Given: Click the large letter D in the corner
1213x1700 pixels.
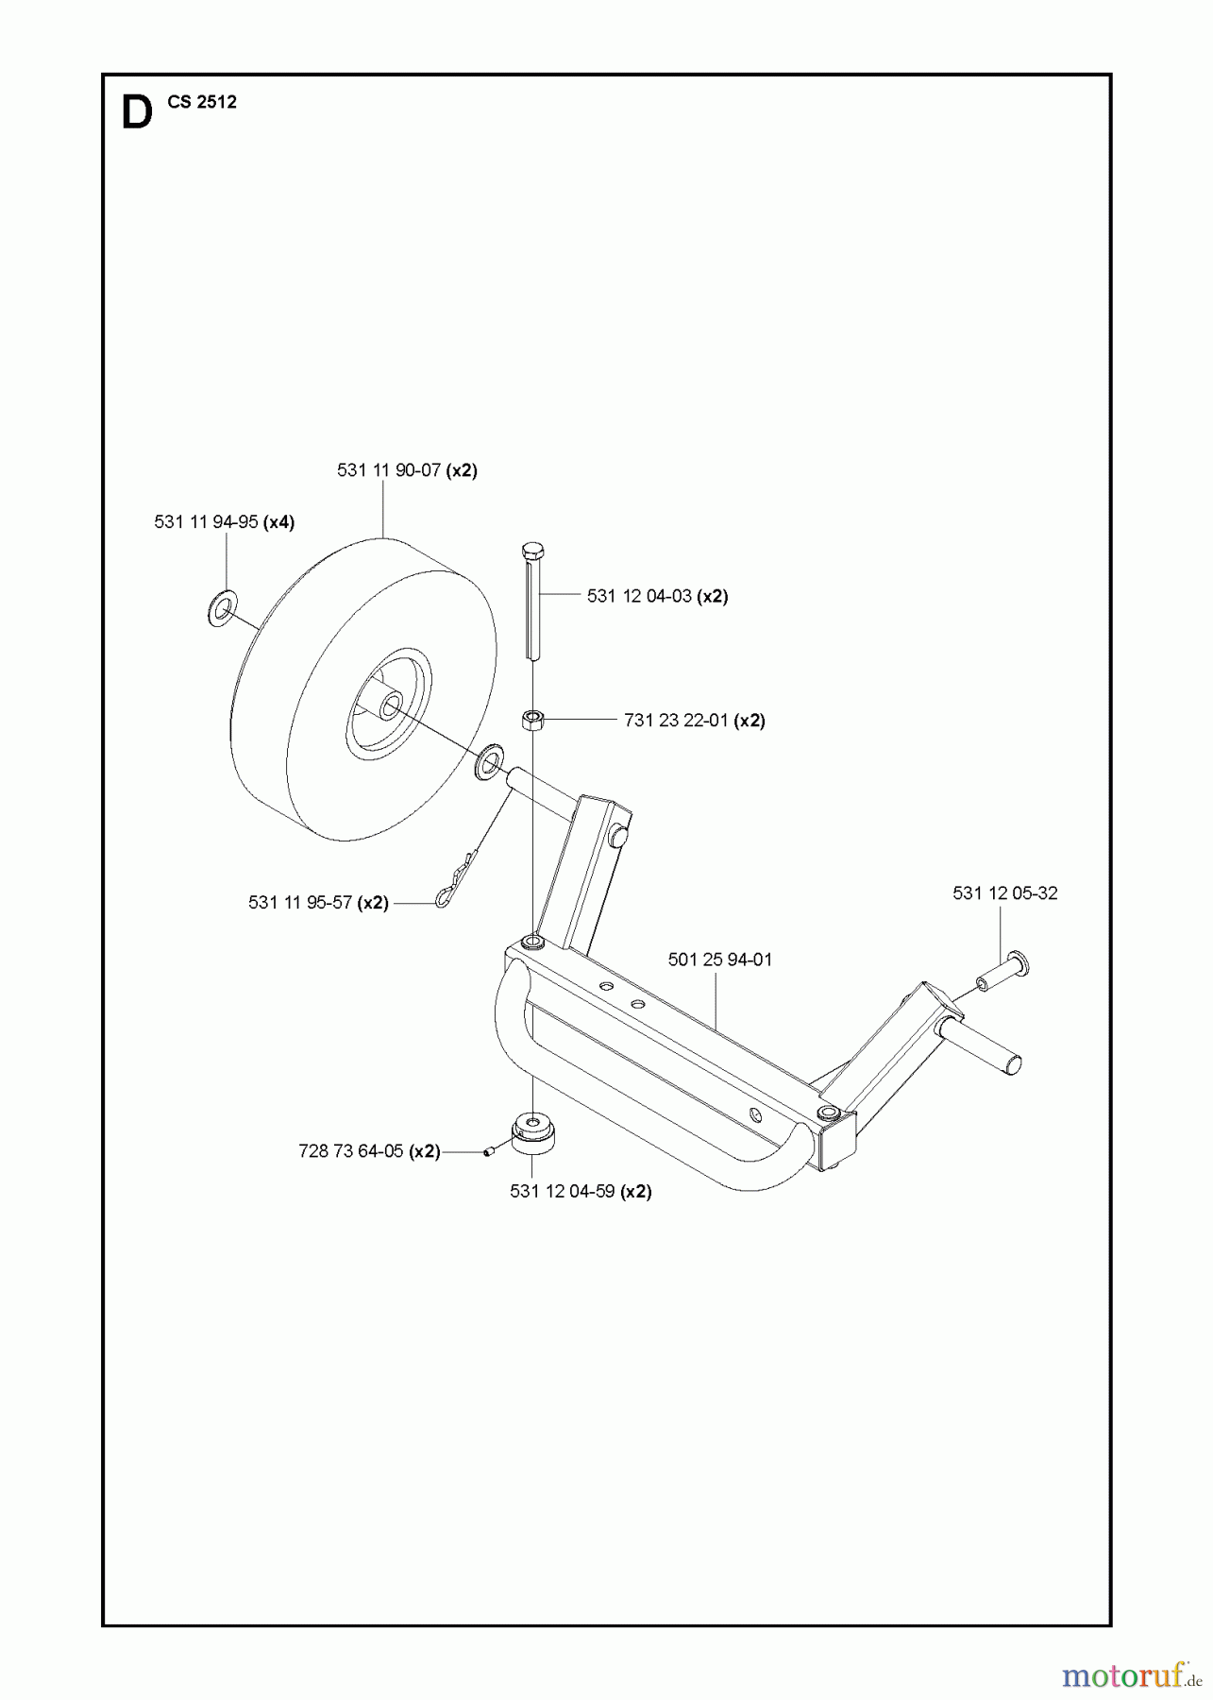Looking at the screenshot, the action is point(137,113).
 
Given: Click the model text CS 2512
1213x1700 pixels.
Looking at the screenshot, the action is point(202,103).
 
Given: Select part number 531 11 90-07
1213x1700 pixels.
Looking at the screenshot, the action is point(407,469).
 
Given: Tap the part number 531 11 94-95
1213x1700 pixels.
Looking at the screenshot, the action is point(225,521).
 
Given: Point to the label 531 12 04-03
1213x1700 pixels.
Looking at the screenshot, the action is point(657,596).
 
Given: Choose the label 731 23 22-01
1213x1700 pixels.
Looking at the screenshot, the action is point(694,720).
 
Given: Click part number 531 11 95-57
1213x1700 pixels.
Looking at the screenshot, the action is point(318,902).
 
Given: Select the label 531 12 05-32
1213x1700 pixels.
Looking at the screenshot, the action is point(1004,892).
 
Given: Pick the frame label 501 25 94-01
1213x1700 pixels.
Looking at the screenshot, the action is point(719,960).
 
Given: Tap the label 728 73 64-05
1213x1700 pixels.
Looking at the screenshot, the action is point(369,1151).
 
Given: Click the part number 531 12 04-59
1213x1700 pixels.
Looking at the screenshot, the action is point(581,1191).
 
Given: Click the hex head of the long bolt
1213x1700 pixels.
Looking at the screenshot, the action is point(533,550).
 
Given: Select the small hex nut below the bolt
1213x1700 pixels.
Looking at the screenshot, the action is point(532,721).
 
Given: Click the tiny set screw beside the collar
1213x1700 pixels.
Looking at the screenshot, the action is point(489,1151).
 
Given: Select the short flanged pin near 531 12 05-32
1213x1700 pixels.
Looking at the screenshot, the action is point(1004,971).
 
